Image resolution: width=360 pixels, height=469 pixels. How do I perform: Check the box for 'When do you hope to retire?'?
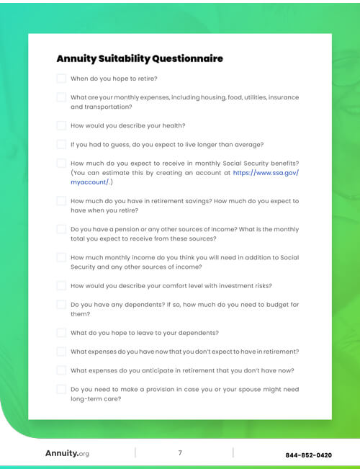61,79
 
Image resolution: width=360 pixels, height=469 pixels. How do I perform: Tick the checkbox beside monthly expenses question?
61,97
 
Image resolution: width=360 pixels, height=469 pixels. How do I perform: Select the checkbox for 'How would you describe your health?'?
61,125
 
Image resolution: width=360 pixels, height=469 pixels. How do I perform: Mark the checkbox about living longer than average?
61,144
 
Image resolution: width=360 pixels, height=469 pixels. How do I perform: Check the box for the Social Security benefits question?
61,164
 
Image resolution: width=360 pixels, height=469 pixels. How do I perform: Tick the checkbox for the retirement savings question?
61,201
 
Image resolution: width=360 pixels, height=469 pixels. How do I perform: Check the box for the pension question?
61,229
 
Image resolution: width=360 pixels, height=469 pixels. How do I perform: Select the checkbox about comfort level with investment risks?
61,285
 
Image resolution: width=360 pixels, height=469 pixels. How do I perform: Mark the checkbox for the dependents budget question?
61,304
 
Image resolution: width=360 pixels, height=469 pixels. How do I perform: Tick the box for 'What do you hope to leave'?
61,333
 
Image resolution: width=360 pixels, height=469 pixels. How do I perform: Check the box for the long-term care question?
61,389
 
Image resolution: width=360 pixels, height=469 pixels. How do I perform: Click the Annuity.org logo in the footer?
67,454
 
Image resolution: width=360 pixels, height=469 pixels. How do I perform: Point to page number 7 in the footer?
180,453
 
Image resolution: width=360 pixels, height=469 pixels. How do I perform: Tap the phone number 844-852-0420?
308,455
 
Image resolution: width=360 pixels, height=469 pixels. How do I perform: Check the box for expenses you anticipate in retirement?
61,370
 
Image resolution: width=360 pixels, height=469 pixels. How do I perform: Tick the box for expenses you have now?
61,352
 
